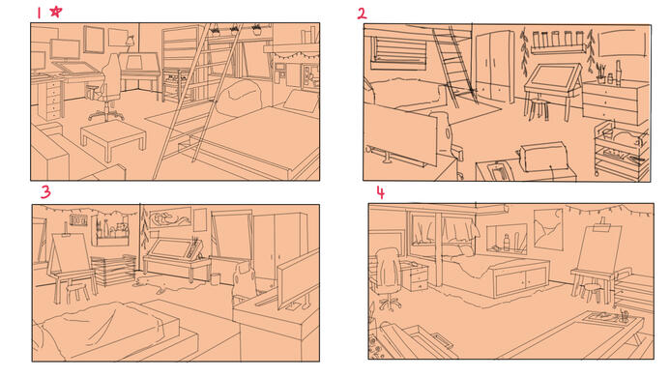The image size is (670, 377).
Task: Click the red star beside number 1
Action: (x=55, y=12)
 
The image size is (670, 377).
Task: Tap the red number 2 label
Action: (x=362, y=14)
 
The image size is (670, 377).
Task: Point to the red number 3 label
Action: (x=45, y=192)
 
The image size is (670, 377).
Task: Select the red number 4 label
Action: (x=380, y=192)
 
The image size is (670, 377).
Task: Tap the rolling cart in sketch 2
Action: (x=622, y=148)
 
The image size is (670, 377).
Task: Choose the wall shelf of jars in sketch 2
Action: (x=558, y=43)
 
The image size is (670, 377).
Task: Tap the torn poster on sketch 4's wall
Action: (x=548, y=229)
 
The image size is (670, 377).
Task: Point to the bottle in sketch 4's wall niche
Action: (x=507, y=243)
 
